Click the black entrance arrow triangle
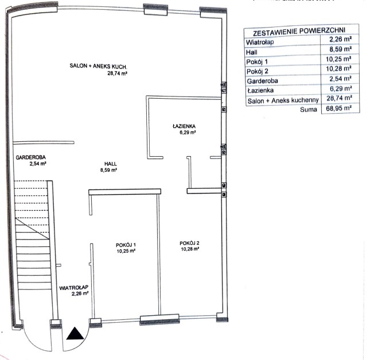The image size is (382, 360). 76,334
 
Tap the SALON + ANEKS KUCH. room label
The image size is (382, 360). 98,66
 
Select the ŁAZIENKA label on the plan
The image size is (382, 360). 184,126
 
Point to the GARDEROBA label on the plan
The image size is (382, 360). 31,157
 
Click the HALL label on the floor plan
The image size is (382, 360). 111,164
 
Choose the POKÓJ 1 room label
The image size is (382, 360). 126,245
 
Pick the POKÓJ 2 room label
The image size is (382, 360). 189,243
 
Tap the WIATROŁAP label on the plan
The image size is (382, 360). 74,288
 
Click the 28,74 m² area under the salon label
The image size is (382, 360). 118,73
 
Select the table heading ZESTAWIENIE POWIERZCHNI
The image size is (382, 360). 299,31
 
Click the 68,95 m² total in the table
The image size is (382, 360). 339,109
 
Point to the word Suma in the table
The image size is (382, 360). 309,110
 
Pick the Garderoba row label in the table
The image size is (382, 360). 262,81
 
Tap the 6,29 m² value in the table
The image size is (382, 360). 341,88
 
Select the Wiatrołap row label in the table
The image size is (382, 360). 260,42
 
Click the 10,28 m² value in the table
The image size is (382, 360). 338,69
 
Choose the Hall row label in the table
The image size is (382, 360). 252,52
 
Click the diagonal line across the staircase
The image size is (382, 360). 32,229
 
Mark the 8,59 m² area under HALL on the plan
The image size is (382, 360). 108,170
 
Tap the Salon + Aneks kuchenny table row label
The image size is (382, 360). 283,100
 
